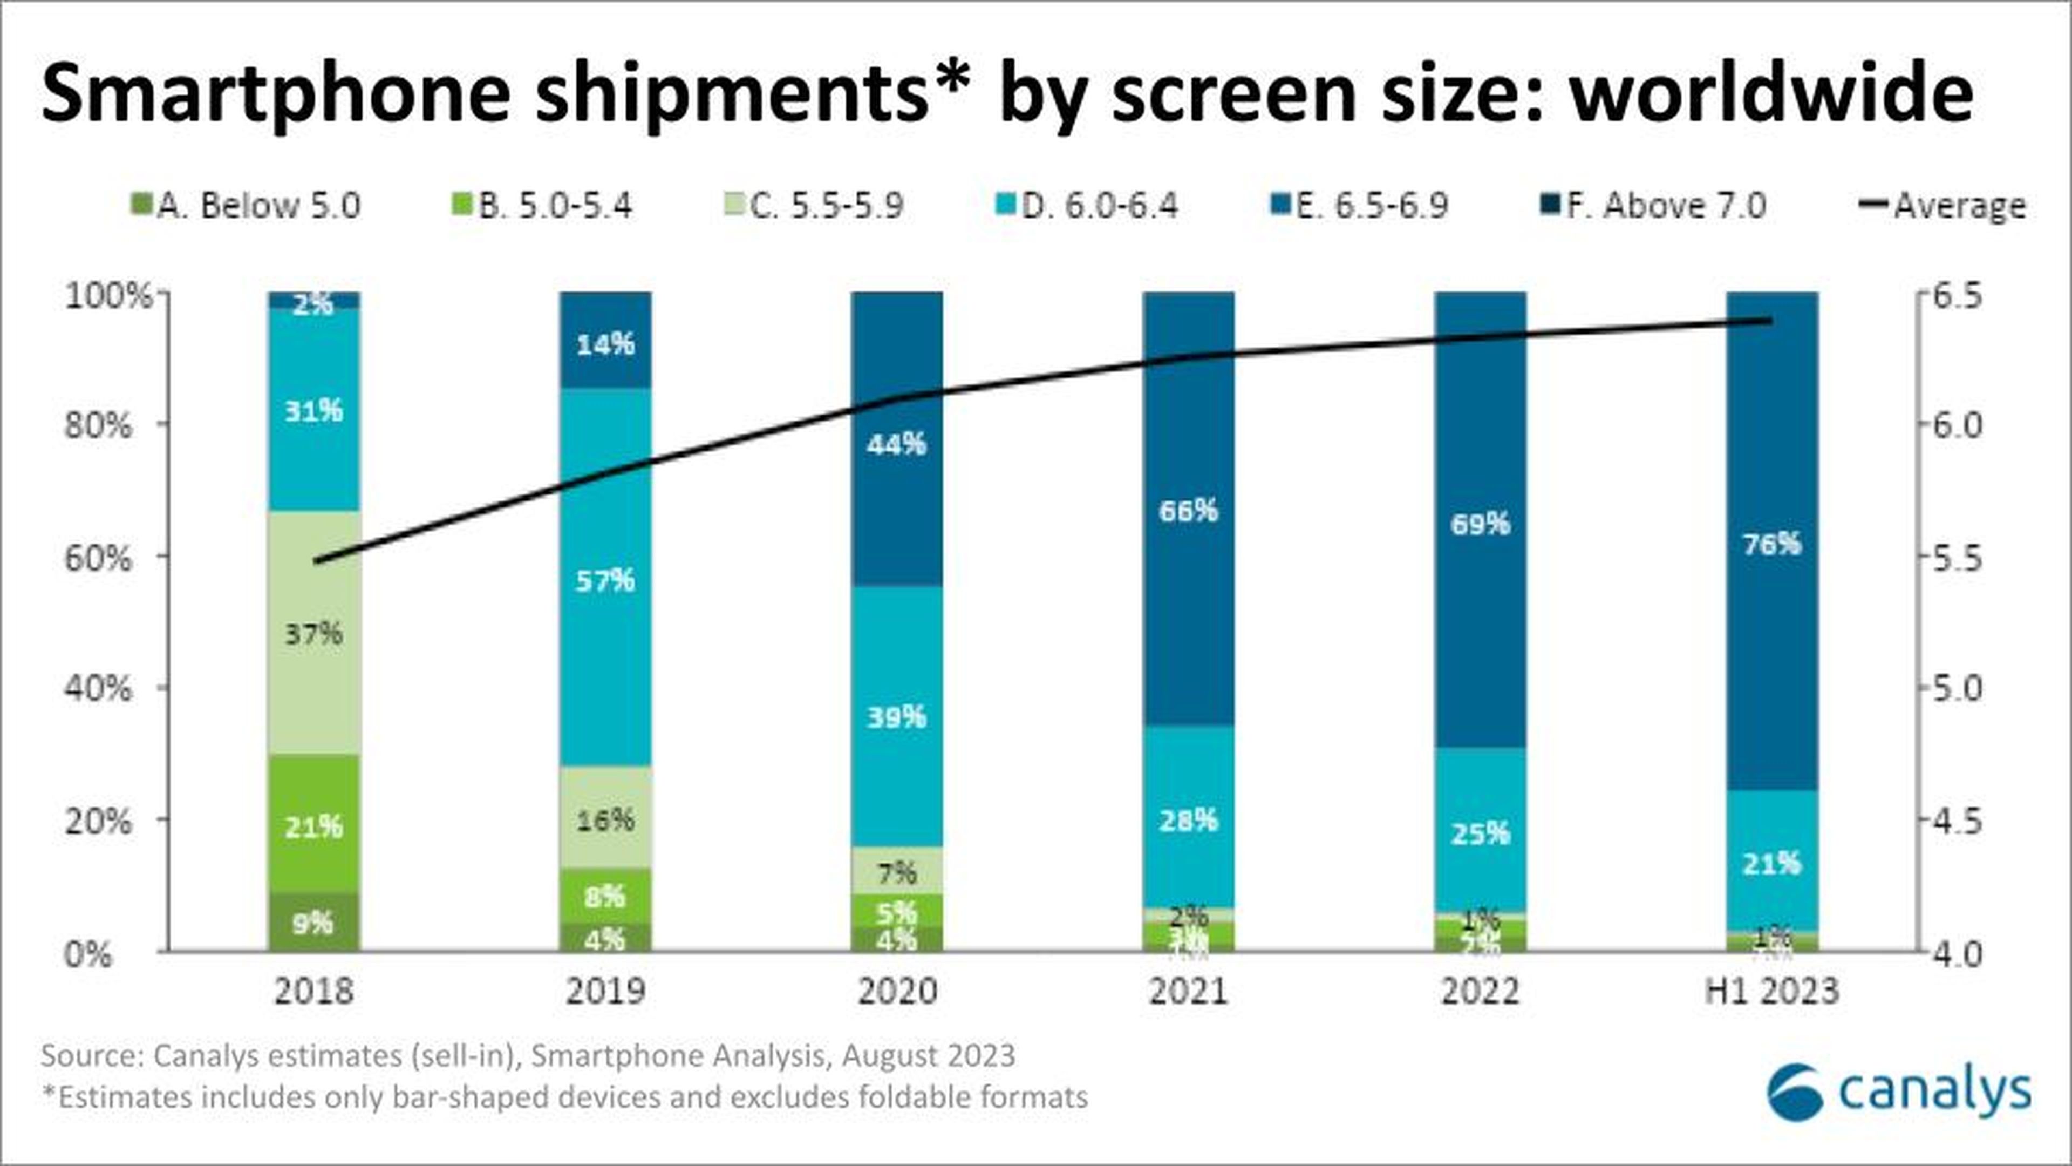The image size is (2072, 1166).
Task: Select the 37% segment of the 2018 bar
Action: coord(313,634)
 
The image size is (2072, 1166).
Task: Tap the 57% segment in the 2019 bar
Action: coord(605,579)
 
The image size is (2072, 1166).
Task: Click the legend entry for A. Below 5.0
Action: coord(247,206)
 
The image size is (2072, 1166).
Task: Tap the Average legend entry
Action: coord(1942,206)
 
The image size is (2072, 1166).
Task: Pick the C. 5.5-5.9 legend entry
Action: coord(814,206)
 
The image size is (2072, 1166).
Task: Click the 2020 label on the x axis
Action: coord(897,991)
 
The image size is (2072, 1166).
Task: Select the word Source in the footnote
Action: coord(92,1055)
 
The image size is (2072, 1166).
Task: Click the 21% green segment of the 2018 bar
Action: coord(313,825)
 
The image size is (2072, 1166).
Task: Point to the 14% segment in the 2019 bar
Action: coord(605,344)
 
